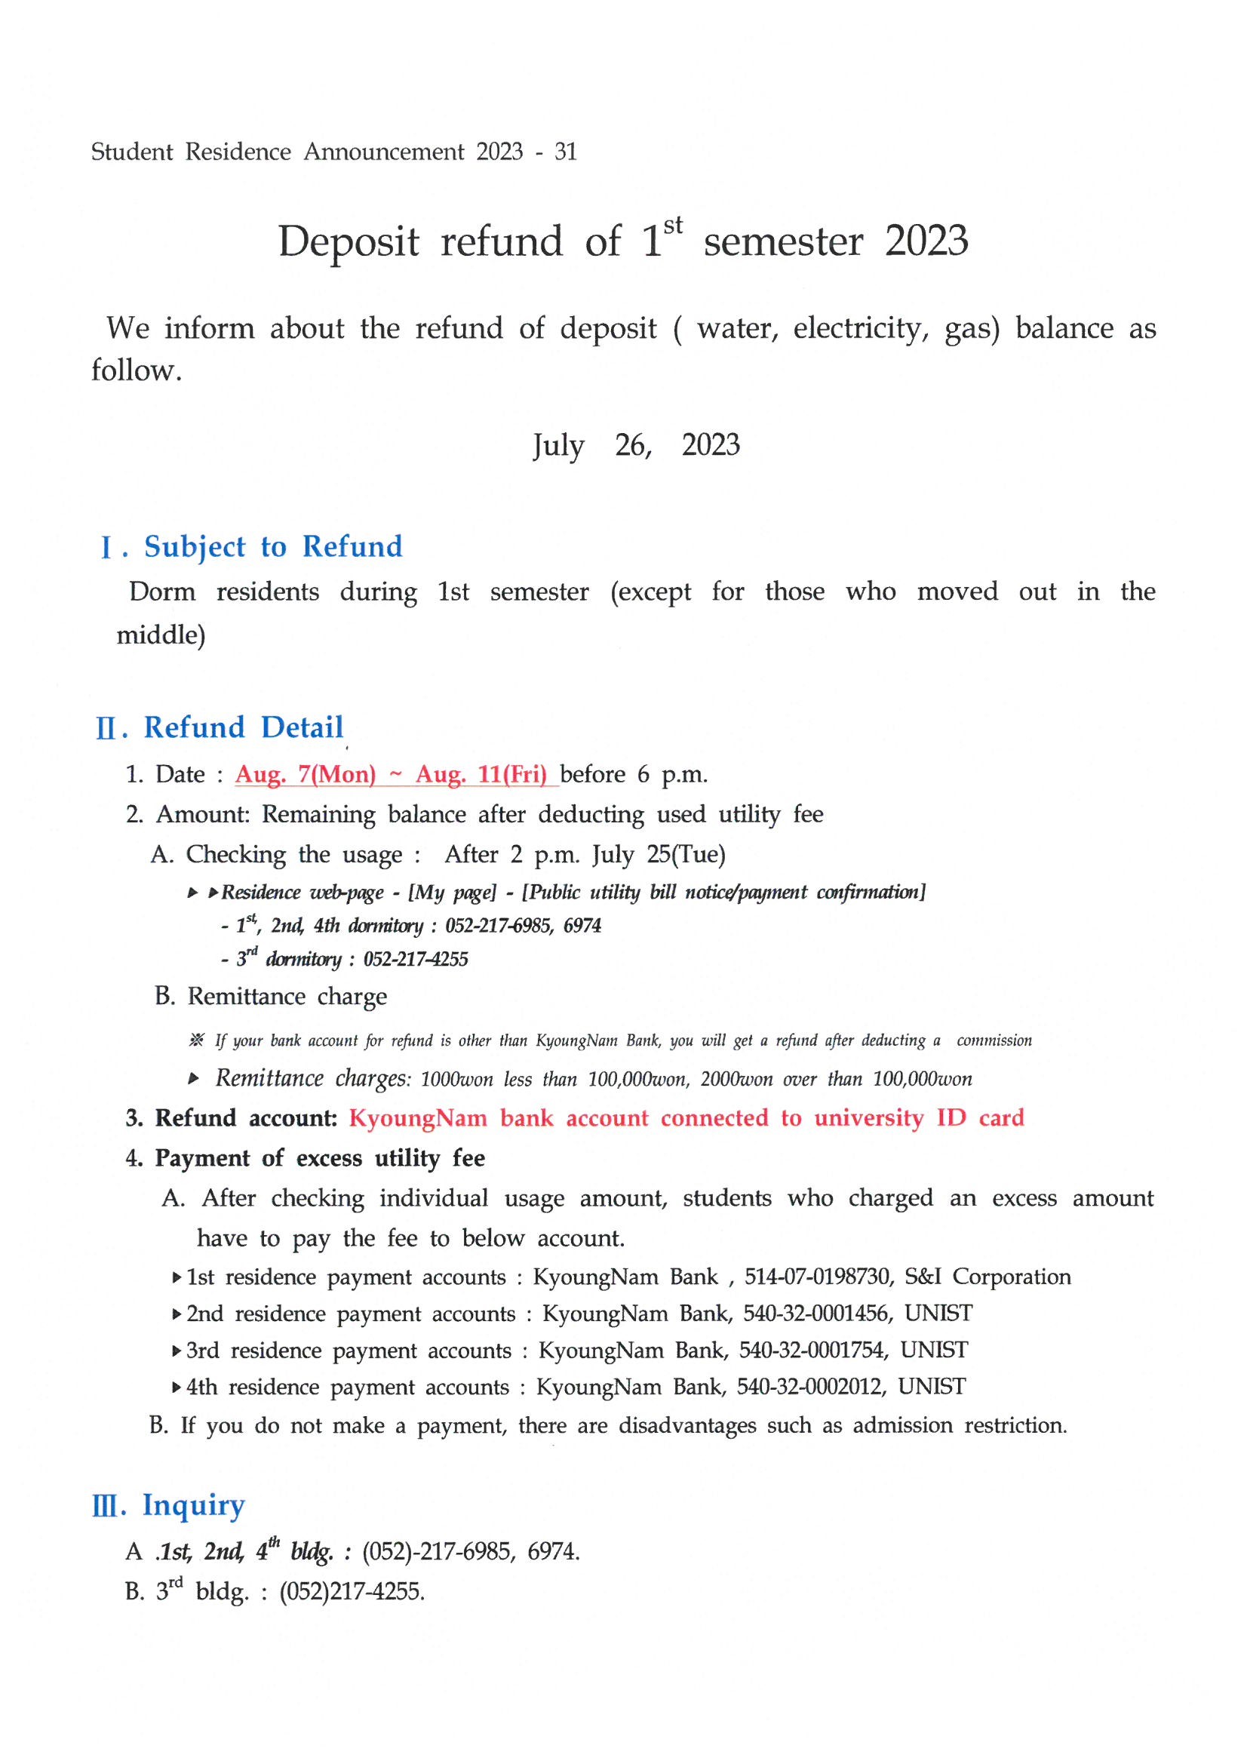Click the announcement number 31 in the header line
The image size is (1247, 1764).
click(566, 152)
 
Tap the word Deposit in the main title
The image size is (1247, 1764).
click(348, 242)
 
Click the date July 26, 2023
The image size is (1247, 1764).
click(636, 446)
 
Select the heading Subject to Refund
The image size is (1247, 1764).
click(273, 547)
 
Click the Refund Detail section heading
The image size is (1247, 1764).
click(243, 727)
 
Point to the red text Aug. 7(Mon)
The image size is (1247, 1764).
click(305, 774)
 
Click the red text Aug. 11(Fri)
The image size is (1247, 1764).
click(481, 774)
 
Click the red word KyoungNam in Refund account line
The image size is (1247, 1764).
click(418, 1118)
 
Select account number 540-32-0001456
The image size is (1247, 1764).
click(818, 1314)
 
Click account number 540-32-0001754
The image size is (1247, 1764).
click(814, 1351)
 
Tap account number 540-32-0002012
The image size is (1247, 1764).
click(812, 1387)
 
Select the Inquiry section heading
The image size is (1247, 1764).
click(194, 1505)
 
